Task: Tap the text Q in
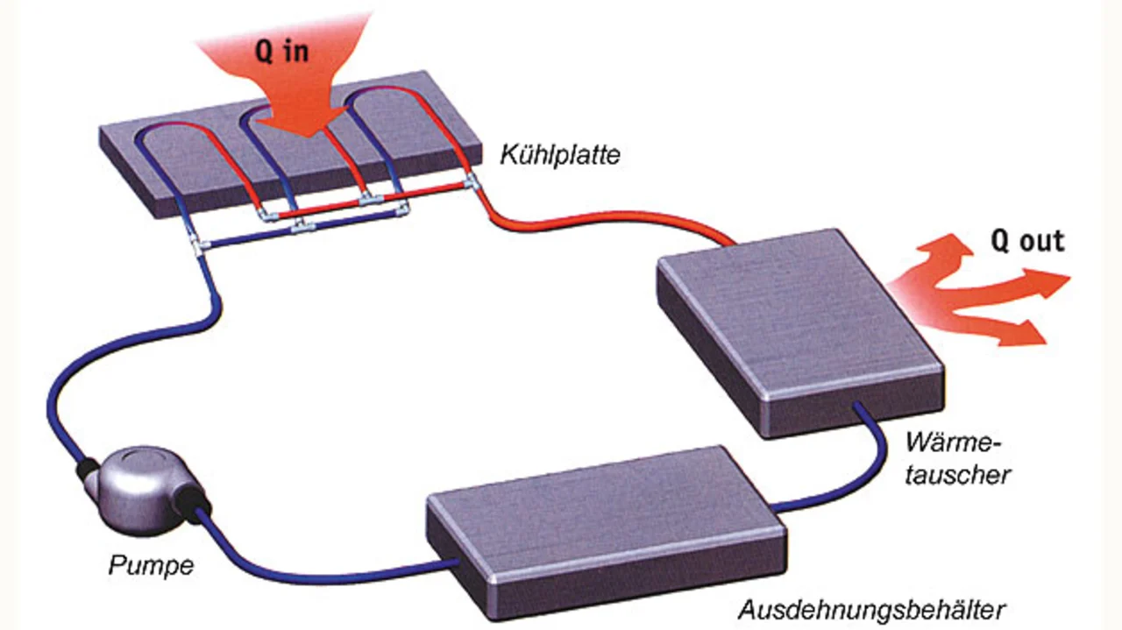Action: pos(281,52)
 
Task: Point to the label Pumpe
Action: pos(151,565)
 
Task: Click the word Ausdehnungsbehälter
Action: pos(870,608)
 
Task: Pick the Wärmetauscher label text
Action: pos(958,456)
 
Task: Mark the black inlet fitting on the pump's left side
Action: pos(89,470)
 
